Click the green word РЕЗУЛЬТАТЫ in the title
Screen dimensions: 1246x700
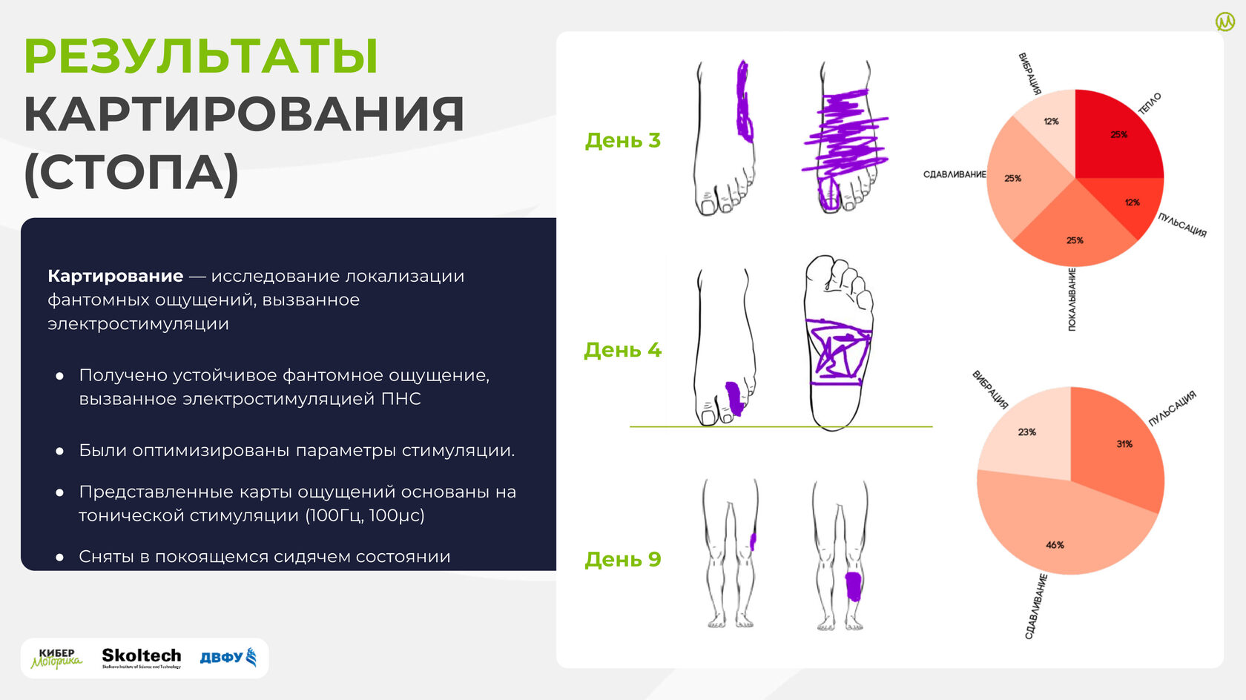[201, 56]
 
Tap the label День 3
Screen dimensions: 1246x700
[622, 141]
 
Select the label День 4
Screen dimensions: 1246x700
[622, 350]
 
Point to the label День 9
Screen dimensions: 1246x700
[622, 559]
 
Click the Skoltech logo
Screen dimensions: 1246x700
[141, 658]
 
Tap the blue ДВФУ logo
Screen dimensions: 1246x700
[228, 657]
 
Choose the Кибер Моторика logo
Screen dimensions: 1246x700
[56, 658]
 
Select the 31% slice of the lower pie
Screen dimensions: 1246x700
[1118, 445]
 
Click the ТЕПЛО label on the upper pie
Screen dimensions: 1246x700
[1150, 104]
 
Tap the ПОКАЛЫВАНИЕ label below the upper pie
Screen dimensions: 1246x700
[1072, 299]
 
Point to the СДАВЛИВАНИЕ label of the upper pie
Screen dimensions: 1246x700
[955, 174]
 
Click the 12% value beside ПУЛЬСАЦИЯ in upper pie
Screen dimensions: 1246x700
[1133, 202]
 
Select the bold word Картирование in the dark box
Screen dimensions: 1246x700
[115, 276]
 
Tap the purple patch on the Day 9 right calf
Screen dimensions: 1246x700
[853, 587]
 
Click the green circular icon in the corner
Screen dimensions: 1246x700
[1225, 22]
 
